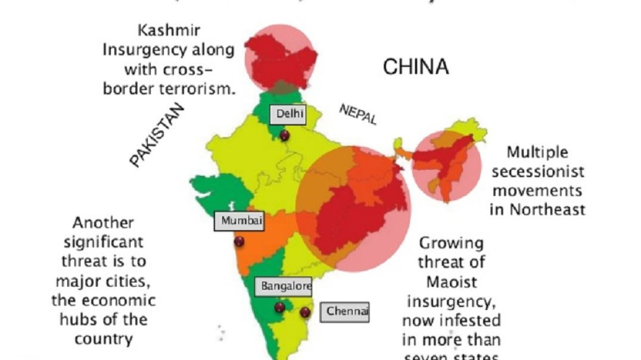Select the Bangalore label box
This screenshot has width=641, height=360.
[x=285, y=287]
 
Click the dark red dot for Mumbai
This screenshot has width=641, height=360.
[x=239, y=242]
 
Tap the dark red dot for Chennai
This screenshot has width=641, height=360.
[x=306, y=312]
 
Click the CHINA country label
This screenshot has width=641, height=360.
[x=415, y=67]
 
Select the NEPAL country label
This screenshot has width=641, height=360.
[x=358, y=114]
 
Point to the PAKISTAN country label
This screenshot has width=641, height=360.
[x=157, y=135]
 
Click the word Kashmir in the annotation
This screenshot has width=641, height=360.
[x=169, y=30]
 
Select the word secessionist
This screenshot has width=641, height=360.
[x=538, y=172]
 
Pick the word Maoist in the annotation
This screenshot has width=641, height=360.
[x=451, y=281]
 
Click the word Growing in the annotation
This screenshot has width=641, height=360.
[x=451, y=243]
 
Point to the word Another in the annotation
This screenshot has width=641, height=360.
[x=103, y=223]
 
